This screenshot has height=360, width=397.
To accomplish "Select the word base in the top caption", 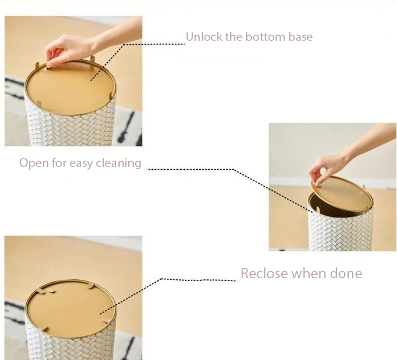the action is [301, 37].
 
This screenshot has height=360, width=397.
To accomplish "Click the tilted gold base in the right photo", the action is [343, 195].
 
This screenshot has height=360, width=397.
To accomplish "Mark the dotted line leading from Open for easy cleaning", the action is [234, 169].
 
